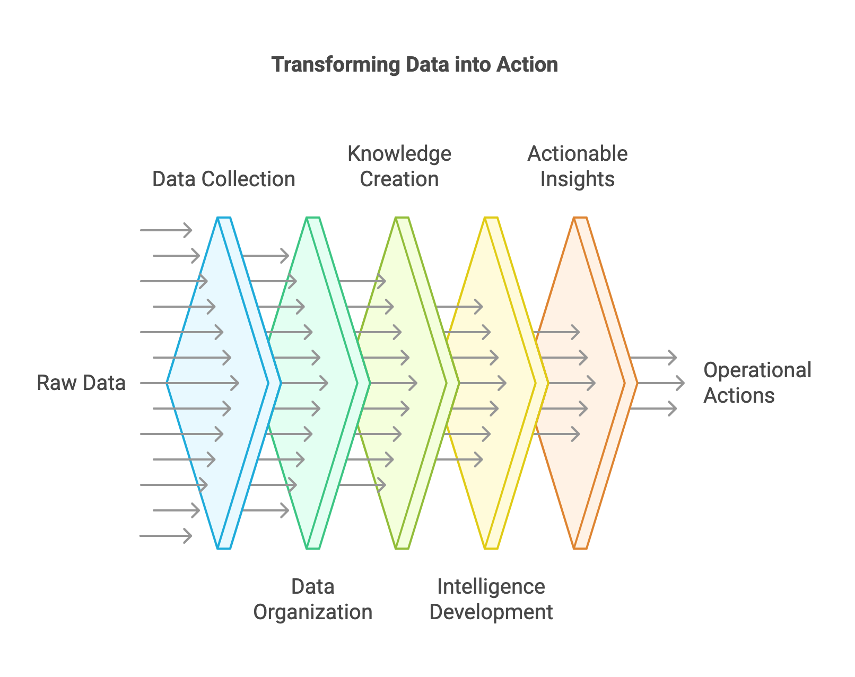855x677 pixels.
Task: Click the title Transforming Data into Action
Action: tap(414, 65)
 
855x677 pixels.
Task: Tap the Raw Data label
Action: tap(81, 383)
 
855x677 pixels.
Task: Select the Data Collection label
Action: tap(223, 179)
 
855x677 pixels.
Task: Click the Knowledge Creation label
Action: tap(399, 166)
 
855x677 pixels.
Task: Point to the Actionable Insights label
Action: tap(577, 166)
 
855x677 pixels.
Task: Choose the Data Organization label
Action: tap(312, 599)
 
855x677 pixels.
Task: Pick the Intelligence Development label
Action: tap(491, 599)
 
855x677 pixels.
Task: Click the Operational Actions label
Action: tap(757, 383)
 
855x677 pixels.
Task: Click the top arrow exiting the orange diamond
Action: tap(653, 358)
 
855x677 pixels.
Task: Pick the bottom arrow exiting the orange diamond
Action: tap(653, 409)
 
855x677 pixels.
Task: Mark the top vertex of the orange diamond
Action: tap(580, 218)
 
